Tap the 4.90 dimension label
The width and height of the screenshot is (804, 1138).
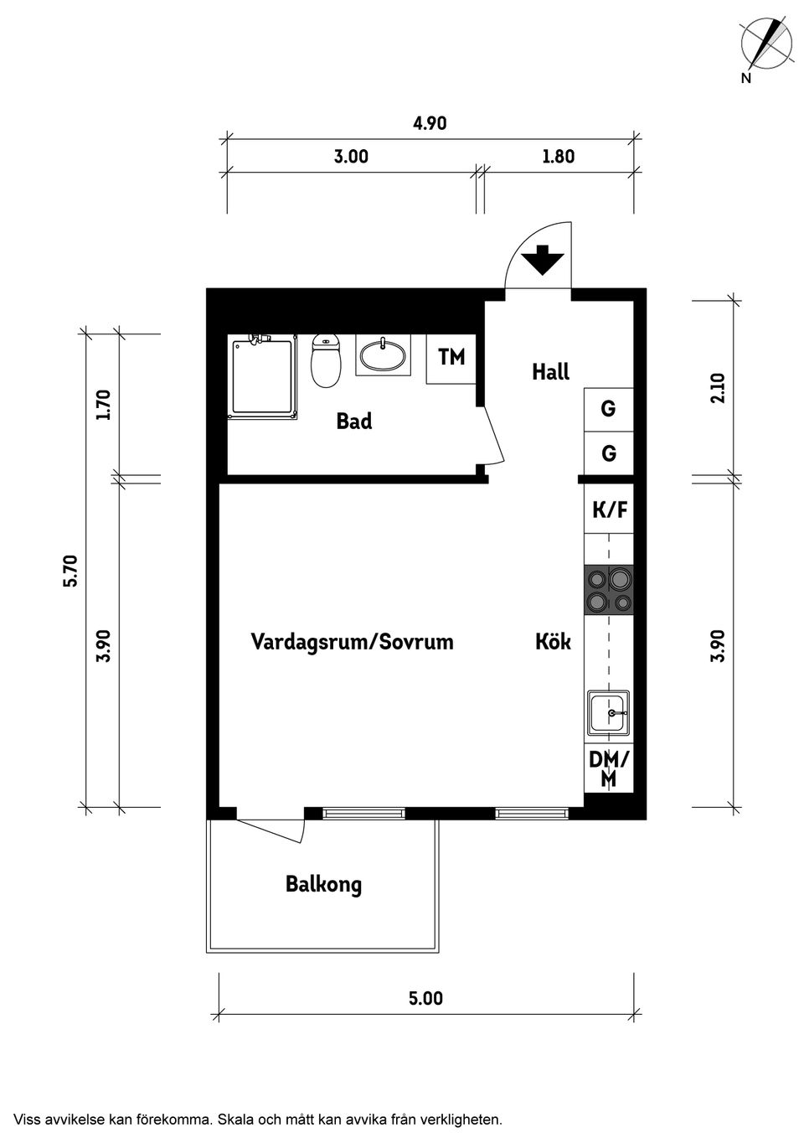pos(430,124)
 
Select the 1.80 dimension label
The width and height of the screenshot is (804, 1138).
pos(559,157)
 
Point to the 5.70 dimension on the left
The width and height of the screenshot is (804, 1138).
pos(70,571)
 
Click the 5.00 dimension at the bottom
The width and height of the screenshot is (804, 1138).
pos(425,999)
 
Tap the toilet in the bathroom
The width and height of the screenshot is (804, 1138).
pos(326,361)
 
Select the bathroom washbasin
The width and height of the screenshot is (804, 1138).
pos(384,356)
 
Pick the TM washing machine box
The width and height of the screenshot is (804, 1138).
pos(451,358)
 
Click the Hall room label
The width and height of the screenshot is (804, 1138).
pos(550,372)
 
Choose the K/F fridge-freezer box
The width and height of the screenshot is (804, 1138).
pos(609,510)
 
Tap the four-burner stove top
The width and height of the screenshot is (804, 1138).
pos(609,590)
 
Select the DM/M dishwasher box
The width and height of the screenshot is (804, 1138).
pos(609,769)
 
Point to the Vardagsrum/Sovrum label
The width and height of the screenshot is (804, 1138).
pos(352,643)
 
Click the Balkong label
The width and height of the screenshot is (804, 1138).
pos(323,885)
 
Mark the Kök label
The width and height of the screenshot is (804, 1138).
pos(553,643)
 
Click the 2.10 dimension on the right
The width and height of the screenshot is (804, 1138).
pos(717,388)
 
